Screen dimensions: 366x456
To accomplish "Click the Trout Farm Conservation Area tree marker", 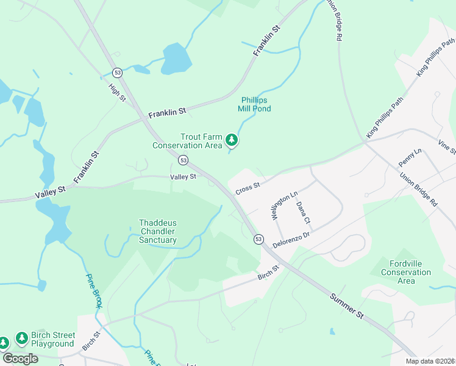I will click(232, 140).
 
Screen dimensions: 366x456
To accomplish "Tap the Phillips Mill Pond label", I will click(254, 104).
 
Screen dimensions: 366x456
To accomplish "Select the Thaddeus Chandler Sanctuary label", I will click(157, 232).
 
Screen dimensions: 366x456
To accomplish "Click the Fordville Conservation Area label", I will click(405, 272).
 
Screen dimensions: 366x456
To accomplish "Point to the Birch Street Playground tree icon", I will click(22, 337).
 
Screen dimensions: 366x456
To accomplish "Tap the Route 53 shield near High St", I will click(118, 72).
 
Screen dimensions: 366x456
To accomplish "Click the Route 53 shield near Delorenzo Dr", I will click(259, 239).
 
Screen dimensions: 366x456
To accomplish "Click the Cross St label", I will click(248, 187).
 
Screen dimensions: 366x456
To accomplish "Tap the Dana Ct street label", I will click(303, 212).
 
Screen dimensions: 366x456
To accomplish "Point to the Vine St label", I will click(447, 147).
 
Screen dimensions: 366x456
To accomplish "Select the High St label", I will click(116, 92).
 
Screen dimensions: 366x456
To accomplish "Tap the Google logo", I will click(20, 359).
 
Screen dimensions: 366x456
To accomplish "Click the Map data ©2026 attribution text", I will click(430, 361).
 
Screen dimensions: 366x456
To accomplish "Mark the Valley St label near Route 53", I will click(183, 177).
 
